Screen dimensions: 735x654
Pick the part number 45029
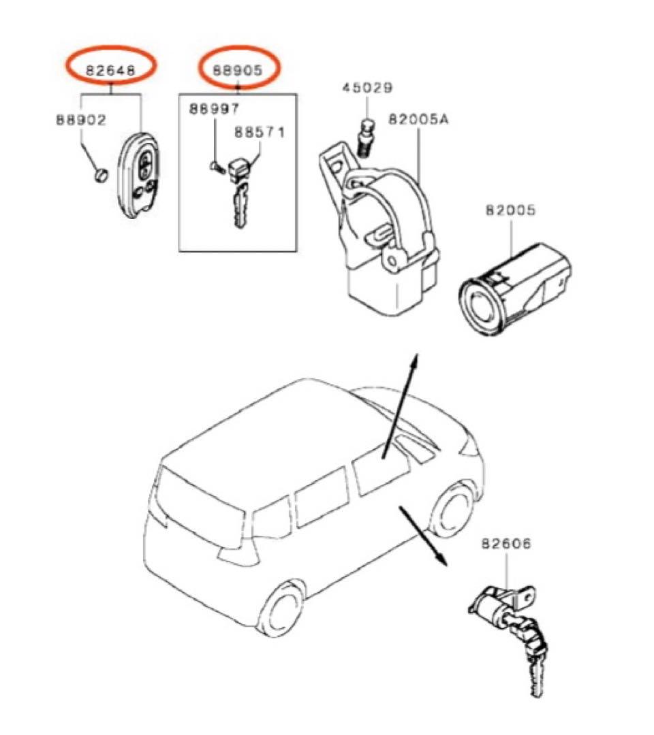(x=367, y=88)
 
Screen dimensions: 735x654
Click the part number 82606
(x=506, y=544)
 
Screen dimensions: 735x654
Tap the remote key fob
(x=140, y=177)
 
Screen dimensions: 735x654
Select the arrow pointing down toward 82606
(x=422, y=534)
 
